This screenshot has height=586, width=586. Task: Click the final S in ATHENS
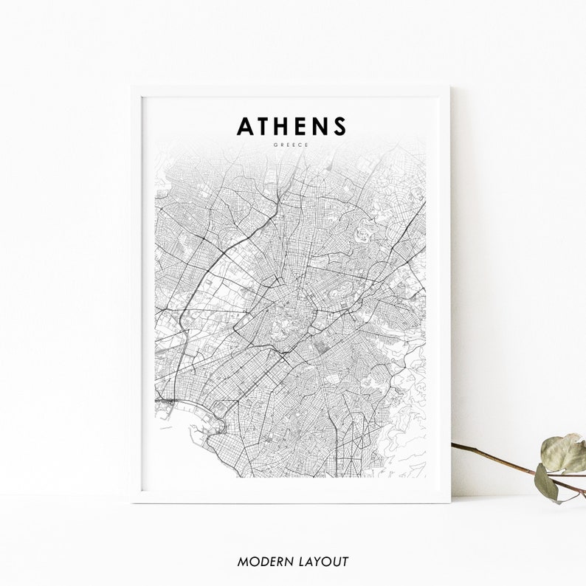tap(339, 127)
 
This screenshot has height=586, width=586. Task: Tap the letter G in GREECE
tap(275, 145)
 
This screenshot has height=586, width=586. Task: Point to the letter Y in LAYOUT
tap(317, 562)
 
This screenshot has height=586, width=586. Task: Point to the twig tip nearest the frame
tap(453, 445)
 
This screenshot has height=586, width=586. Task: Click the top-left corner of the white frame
tap(133, 87)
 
